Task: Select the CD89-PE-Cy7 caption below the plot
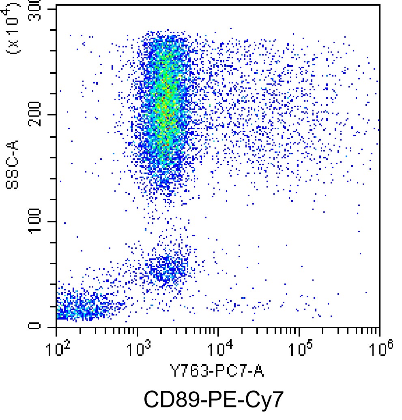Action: click(213, 400)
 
